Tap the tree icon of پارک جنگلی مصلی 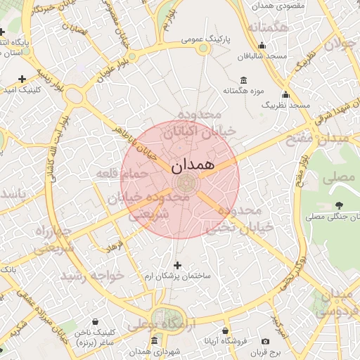click(340, 205)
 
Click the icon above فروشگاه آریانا click(225, 330)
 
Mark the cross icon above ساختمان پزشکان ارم click(176, 265)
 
